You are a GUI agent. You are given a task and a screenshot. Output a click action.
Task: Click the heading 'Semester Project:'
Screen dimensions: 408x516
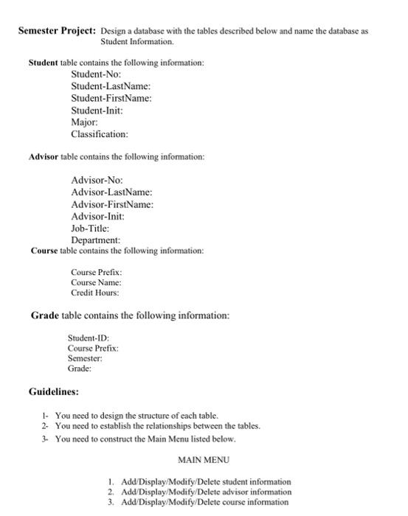pyautogui.click(x=57, y=32)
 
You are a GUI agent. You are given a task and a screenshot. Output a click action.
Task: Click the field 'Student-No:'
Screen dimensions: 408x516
pyautogui.click(x=96, y=75)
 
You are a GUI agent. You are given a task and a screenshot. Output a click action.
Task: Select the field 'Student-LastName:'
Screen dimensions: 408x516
pyautogui.click(x=111, y=87)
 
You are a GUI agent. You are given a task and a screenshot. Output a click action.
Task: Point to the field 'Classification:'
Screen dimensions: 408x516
pyautogui.click(x=100, y=134)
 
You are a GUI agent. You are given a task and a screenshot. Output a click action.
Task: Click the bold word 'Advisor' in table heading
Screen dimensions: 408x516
pyautogui.click(x=44, y=157)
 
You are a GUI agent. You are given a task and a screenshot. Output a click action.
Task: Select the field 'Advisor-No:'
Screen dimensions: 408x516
pyautogui.click(x=97, y=181)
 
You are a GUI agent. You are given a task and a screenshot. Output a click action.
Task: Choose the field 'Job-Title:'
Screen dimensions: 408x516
pyautogui.click(x=90, y=229)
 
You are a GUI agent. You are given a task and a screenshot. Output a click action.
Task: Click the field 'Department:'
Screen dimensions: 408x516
pyautogui.click(x=96, y=240)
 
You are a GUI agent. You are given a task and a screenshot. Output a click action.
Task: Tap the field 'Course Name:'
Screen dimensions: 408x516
pyautogui.click(x=97, y=282)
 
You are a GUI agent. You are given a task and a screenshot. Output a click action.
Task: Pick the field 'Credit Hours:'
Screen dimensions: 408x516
pyautogui.click(x=95, y=293)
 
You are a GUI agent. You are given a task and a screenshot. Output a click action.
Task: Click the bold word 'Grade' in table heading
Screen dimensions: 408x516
pyautogui.click(x=44, y=315)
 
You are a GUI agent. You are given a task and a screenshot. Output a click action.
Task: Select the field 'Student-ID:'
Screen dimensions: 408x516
pyautogui.click(x=88, y=338)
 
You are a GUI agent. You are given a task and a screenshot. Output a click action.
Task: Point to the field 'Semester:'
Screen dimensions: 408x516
pyautogui.click(x=84, y=358)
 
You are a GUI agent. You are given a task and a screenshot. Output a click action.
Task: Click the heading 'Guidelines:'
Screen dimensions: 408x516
pyautogui.click(x=54, y=391)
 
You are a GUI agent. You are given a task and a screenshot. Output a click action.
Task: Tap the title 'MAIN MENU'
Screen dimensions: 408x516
pyautogui.click(x=204, y=459)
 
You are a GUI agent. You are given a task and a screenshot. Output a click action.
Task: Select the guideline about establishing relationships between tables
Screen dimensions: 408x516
pyautogui.click(x=157, y=426)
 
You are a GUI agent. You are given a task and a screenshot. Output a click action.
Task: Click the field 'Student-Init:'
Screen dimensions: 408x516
pyautogui.click(x=97, y=111)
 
